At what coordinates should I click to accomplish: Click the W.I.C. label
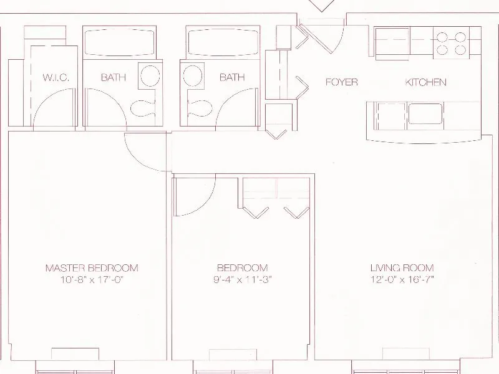[x=56, y=78]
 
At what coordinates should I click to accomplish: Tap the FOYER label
[x=341, y=82]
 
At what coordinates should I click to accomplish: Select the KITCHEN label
[x=426, y=82]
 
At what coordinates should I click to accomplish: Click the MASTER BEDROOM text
[x=92, y=268]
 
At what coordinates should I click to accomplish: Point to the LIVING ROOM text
[x=402, y=268]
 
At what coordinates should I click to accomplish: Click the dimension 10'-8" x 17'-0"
[x=92, y=280]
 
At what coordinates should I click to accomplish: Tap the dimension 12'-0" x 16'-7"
[x=402, y=280]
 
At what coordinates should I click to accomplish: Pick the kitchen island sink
[x=425, y=114]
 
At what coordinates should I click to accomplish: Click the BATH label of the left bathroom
[x=114, y=78]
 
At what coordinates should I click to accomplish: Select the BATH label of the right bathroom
[x=231, y=78]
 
